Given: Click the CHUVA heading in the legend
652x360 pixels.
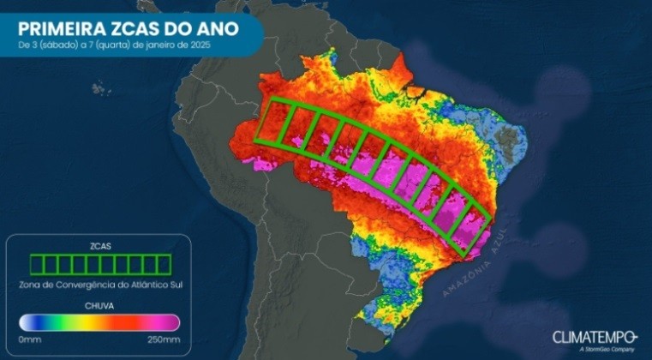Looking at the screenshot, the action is (99, 304).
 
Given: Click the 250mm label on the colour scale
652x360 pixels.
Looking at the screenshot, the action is (165, 339).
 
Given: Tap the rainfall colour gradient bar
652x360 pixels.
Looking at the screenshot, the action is (99, 322).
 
